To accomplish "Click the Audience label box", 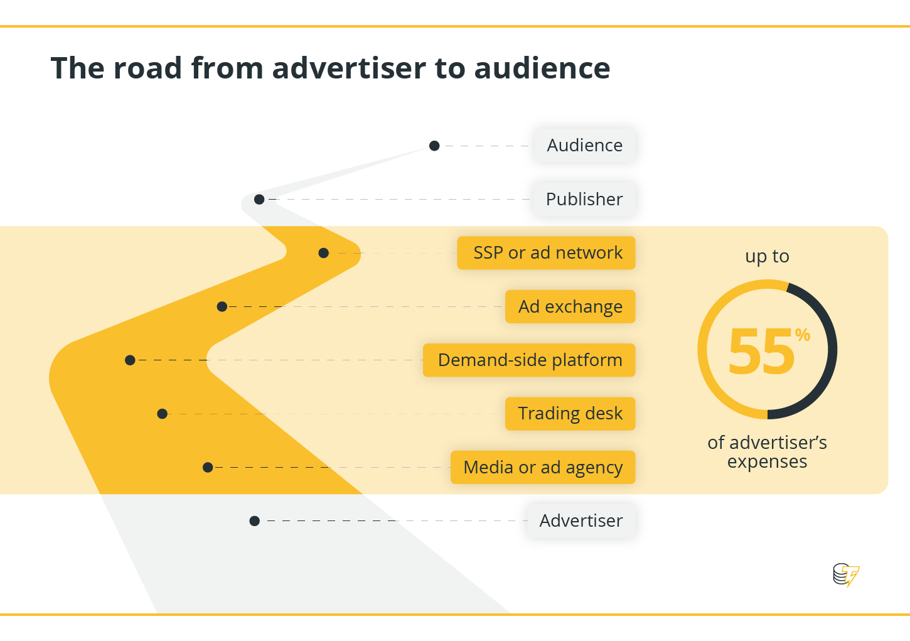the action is (x=584, y=146).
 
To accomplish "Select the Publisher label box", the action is (x=584, y=199).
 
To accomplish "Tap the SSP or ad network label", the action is (x=546, y=253).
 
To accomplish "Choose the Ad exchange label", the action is (x=570, y=306).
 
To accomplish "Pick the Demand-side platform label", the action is (x=529, y=360).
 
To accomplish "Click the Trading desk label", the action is (x=570, y=414).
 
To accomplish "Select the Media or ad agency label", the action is (x=543, y=468).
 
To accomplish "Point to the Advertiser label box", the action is (x=581, y=520).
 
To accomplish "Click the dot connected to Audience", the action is (x=434, y=146).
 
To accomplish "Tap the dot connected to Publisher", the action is (x=259, y=199).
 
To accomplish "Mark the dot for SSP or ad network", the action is (x=323, y=253).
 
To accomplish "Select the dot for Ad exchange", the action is (x=222, y=306).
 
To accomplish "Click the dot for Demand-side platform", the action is (x=130, y=360).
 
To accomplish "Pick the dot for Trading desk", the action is (x=162, y=414).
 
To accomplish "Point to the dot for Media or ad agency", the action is (x=208, y=468).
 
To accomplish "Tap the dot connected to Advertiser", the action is (x=254, y=520).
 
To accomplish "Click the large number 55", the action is (x=761, y=351).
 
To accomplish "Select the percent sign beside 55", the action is (x=802, y=335).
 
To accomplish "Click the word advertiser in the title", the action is (x=349, y=68).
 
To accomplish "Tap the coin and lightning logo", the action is (x=846, y=575).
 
